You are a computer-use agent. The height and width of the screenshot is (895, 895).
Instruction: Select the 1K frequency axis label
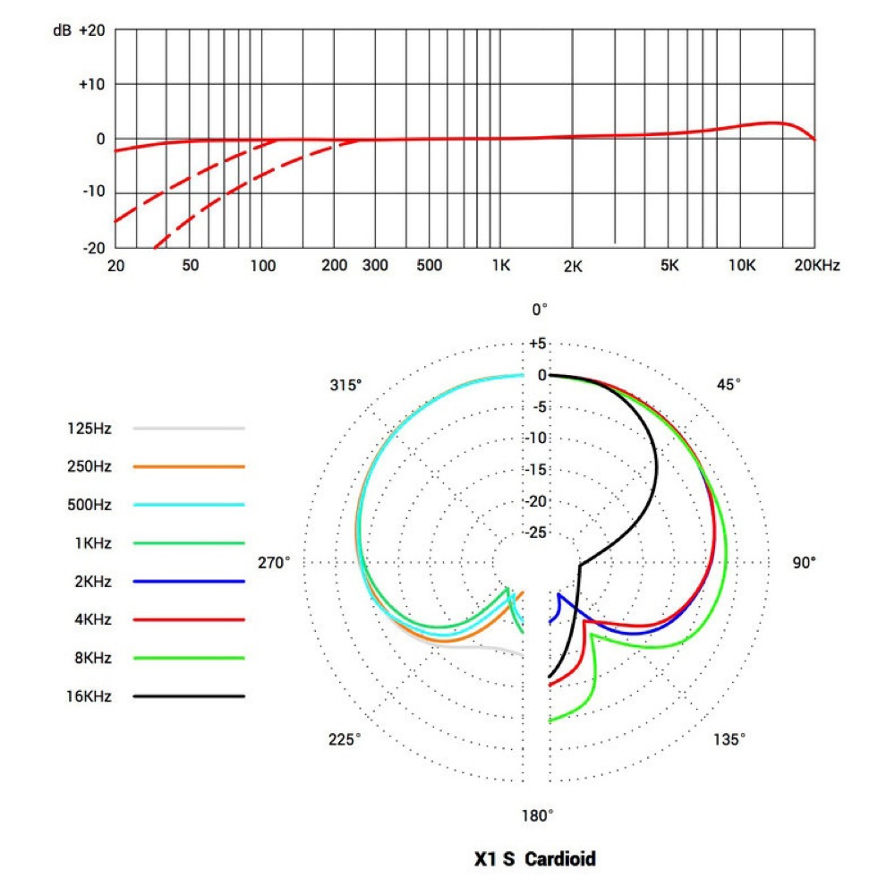[500, 266]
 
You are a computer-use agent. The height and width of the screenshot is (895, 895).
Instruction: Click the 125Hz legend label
[89, 429]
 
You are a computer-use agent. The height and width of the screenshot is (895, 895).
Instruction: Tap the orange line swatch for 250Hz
[189, 467]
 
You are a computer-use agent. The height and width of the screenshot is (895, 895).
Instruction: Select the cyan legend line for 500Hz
[189, 505]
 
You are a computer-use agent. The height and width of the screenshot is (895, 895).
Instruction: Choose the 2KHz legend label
[89, 582]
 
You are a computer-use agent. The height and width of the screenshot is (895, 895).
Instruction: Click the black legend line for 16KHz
[189, 695]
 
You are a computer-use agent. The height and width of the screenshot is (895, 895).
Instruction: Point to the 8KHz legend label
[89, 658]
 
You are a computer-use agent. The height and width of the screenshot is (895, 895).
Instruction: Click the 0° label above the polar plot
[540, 310]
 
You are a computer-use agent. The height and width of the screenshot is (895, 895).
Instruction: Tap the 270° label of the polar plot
[275, 563]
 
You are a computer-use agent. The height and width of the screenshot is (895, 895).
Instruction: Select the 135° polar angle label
[729, 739]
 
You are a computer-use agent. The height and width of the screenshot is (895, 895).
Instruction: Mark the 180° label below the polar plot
[538, 815]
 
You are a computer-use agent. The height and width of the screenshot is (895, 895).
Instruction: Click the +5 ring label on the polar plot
[537, 344]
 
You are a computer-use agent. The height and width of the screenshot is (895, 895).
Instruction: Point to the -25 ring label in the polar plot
[537, 533]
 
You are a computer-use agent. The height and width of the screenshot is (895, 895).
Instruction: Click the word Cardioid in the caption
[560, 860]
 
